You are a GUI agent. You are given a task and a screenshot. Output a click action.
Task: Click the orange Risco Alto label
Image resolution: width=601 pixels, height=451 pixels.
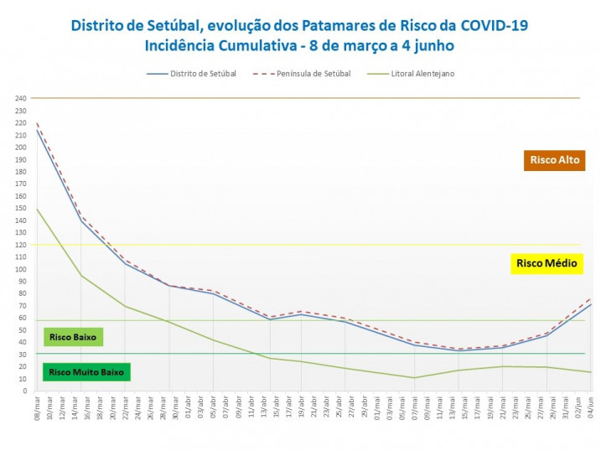click(553, 159)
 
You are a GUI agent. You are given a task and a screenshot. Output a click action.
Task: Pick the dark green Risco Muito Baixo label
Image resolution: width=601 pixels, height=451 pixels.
click(86, 371)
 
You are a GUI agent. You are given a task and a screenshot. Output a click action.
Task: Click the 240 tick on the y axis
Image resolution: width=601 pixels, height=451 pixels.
click(21, 98)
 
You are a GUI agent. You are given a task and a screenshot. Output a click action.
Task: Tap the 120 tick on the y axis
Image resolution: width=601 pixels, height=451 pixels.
click(21, 245)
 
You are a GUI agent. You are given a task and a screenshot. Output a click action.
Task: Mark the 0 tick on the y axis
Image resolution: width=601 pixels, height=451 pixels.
click(23, 391)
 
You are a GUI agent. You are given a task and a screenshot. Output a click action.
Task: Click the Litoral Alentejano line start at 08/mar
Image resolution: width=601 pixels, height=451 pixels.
click(37, 209)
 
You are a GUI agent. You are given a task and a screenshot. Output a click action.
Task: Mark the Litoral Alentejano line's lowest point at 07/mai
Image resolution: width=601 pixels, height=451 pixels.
click(413, 377)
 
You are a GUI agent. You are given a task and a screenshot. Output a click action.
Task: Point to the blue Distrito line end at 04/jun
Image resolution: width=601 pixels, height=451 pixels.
click(591, 304)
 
